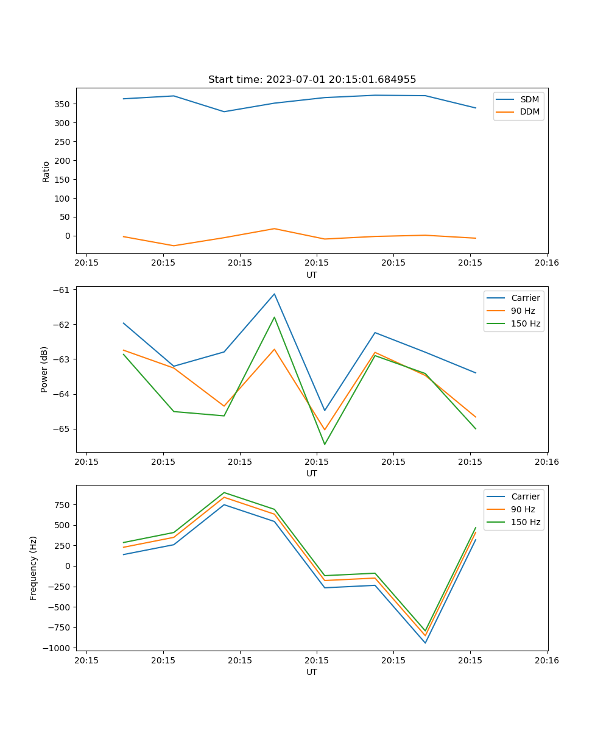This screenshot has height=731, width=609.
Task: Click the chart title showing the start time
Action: (312, 80)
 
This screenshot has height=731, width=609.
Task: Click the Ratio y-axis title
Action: (46, 171)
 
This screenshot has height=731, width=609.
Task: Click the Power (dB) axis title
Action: (44, 369)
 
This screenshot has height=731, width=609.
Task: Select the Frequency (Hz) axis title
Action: (33, 568)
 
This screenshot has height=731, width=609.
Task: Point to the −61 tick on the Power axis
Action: (62, 290)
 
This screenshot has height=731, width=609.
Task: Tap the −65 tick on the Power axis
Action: (62, 429)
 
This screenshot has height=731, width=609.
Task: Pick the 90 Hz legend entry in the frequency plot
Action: (523, 509)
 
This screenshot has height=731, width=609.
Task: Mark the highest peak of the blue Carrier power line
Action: (274, 294)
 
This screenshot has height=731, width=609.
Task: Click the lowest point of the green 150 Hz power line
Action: (324, 444)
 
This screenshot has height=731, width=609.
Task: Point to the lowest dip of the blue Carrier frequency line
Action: (425, 643)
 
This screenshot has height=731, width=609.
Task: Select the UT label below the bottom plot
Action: (312, 672)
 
